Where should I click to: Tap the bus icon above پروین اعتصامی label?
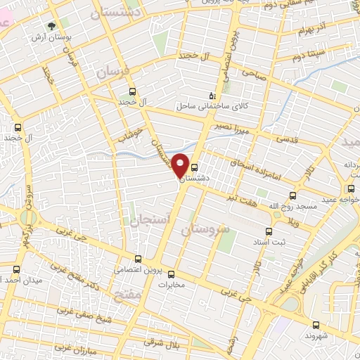138,259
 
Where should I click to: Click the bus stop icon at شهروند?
316,325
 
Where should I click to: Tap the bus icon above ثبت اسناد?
268,231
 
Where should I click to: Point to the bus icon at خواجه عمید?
351,188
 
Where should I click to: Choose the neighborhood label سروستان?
206,230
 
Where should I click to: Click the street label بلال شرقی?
167,345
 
